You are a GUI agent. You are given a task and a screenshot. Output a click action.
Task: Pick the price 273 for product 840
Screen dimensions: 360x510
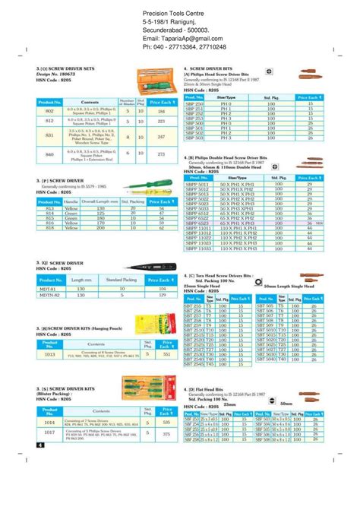[160, 154]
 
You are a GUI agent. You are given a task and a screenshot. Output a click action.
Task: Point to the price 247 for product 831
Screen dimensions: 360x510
[160, 137]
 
